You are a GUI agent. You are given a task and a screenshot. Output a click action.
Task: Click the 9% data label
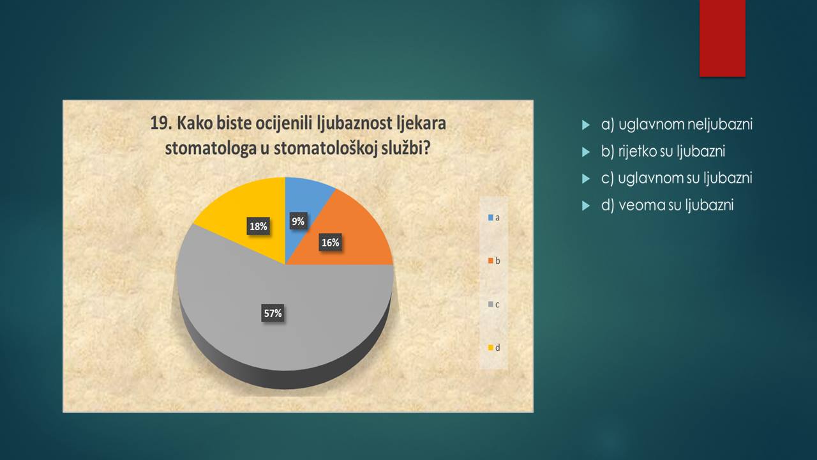tap(298, 221)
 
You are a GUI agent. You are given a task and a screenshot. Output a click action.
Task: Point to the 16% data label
tap(331, 242)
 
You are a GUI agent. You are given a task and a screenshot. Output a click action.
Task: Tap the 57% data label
tap(273, 313)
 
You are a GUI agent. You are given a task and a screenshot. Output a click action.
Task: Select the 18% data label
tap(259, 226)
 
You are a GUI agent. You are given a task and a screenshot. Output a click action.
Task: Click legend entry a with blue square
tap(494, 218)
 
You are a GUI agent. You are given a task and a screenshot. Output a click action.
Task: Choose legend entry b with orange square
tap(494, 261)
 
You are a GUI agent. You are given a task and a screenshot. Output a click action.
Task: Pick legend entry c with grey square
tap(494, 304)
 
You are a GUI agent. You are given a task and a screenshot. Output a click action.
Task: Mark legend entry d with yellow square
tap(494, 348)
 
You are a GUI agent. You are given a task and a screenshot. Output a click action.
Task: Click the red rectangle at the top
tap(722, 38)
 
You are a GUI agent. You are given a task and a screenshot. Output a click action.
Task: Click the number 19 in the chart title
tap(161, 123)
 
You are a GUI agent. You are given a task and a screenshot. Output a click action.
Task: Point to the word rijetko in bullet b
tap(635, 151)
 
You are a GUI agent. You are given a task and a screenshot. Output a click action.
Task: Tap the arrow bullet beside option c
tap(586, 179)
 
